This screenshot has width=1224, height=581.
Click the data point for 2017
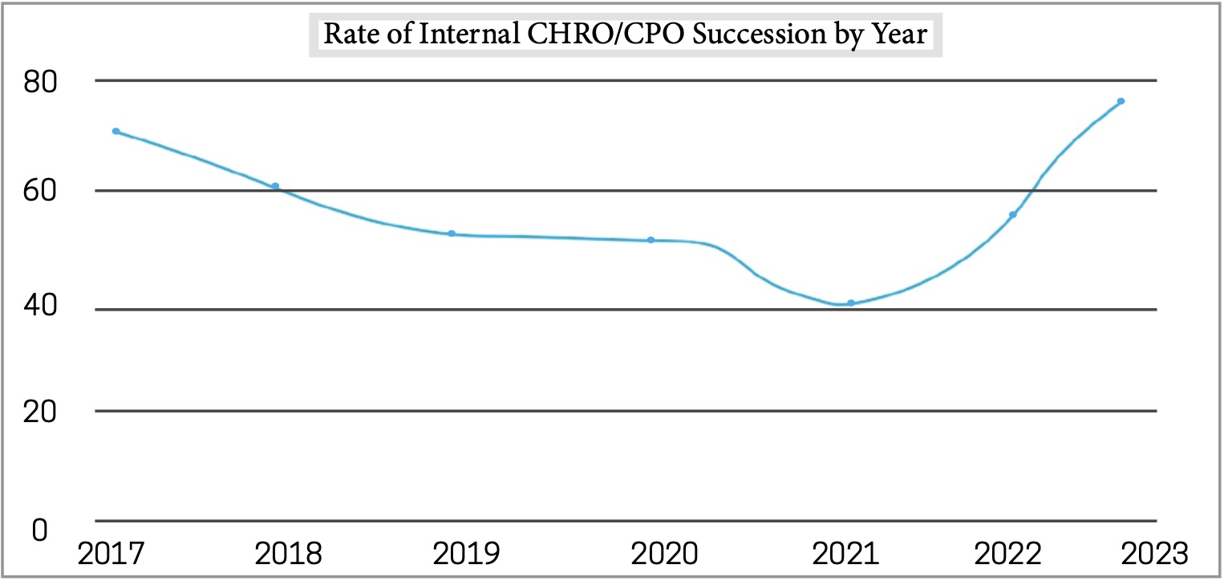116,131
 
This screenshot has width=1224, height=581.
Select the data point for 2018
275,186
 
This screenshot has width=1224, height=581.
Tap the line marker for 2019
452,234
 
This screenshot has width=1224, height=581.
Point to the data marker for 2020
651,240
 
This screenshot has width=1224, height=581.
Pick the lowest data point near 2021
851,303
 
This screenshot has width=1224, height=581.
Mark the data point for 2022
1013,214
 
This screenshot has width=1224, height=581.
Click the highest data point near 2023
1121,101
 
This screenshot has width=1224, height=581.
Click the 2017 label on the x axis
107,555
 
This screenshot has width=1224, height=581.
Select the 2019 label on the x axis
465,555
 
